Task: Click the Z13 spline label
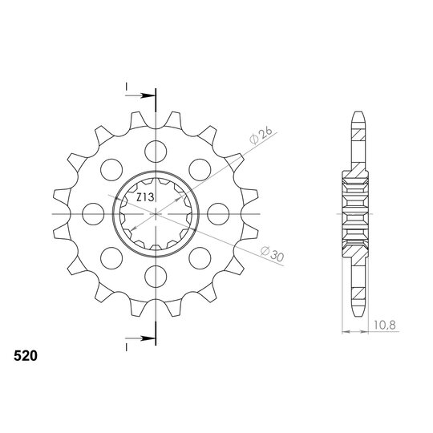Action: (145, 197)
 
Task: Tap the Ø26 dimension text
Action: (261, 136)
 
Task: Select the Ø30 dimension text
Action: (273, 253)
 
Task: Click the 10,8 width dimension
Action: (385, 325)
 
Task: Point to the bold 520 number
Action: (26, 356)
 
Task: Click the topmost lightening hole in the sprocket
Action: (156, 152)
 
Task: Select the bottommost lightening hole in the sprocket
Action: (156, 277)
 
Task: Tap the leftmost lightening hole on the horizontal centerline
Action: (93, 214)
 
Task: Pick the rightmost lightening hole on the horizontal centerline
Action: (218, 214)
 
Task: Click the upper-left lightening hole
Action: (111, 170)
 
